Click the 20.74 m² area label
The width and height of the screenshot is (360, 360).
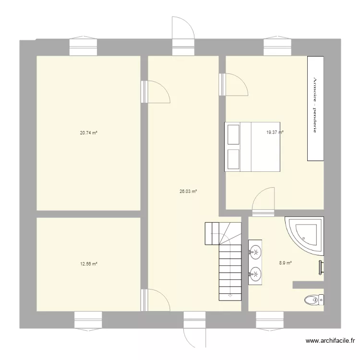point(88,133)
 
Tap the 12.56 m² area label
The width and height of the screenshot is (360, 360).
point(88,264)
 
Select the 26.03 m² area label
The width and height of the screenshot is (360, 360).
point(188,191)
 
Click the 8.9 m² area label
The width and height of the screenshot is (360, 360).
point(286,263)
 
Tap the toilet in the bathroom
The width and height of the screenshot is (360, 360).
point(313,300)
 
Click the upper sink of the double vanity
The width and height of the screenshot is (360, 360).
point(255,251)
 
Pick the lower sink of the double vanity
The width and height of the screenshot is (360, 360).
point(255,274)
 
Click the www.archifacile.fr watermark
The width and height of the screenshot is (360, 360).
point(331,341)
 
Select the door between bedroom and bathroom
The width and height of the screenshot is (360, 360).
point(263,201)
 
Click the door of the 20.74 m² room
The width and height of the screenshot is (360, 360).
point(156,92)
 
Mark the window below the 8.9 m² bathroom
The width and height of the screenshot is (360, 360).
point(269,319)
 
